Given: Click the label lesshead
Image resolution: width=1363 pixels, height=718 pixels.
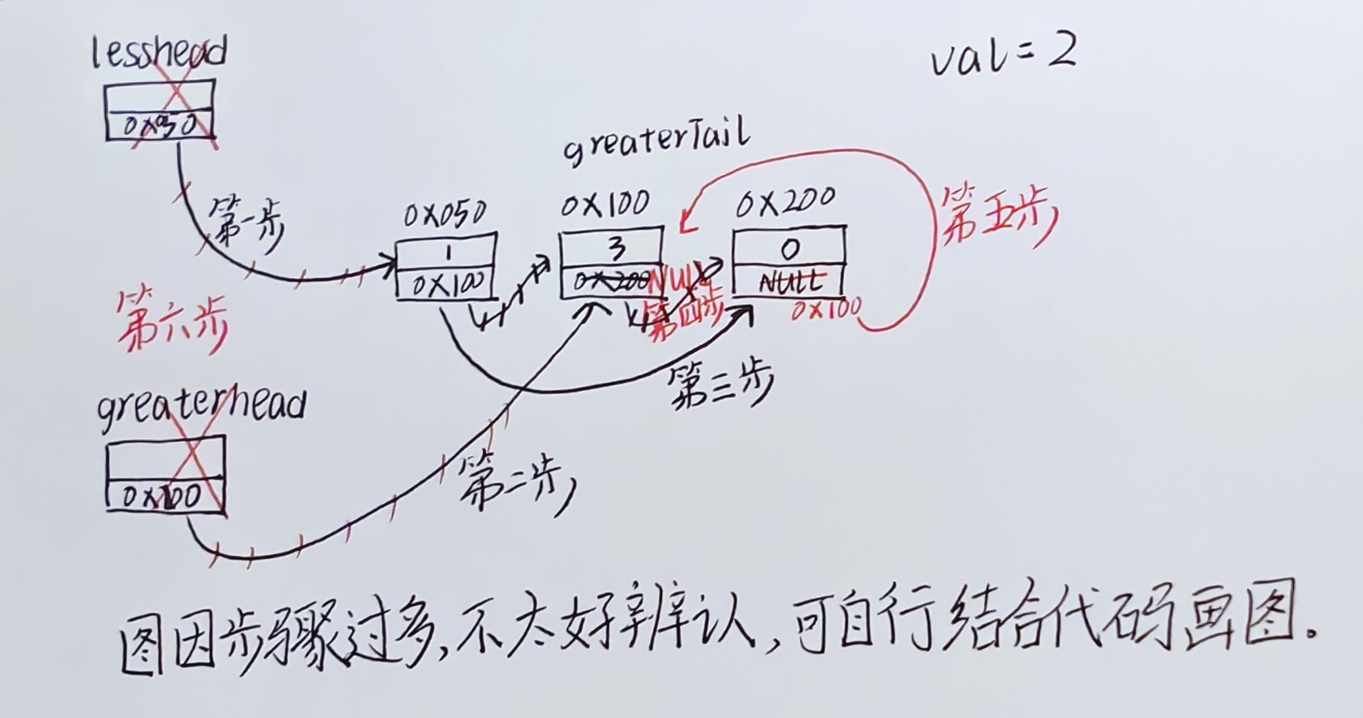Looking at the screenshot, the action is click(x=159, y=52).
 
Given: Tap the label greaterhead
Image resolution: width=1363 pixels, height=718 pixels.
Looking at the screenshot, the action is click(x=201, y=405).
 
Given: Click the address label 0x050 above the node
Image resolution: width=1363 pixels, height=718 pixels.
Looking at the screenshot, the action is click(x=445, y=214).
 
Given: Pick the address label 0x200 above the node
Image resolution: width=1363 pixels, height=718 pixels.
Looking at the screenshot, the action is click(x=786, y=203).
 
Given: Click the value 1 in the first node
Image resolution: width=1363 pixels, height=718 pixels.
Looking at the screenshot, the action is click(x=447, y=252).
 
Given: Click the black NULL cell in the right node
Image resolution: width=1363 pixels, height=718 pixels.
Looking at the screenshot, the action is click(x=790, y=282).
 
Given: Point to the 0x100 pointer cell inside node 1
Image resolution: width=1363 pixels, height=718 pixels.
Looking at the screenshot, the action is click(x=447, y=285).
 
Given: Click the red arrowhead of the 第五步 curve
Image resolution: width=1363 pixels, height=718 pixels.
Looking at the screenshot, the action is click(x=685, y=224).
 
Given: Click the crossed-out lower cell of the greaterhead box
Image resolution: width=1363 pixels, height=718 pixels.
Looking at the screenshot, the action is click(x=165, y=496).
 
